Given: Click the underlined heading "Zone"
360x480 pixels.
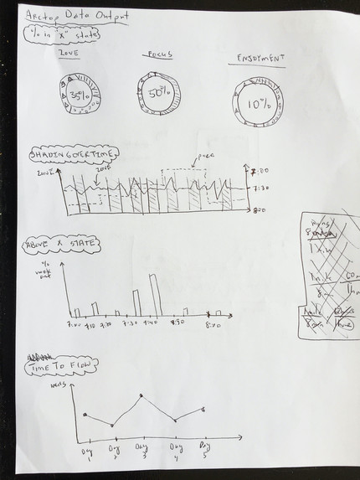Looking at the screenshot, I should [x=67, y=53].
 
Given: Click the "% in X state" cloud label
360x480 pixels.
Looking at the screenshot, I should [x=58, y=34].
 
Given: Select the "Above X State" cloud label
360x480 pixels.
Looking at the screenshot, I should [x=61, y=245].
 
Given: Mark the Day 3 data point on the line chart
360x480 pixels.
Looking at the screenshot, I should [x=141, y=395].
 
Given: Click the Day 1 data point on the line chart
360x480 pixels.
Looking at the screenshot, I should [x=85, y=414].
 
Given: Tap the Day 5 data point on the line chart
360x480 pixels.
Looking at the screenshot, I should [x=203, y=409].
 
